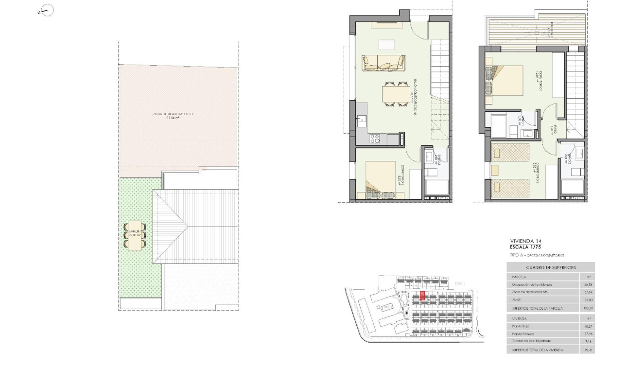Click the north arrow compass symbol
tap(47, 10)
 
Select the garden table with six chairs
tap(134, 235)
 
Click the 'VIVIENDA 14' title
tap(525, 241)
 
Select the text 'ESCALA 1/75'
tap(525, 247)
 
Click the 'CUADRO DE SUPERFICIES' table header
tap(551, 267)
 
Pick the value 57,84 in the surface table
tap(587, 292)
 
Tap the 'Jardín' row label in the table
tap(517, 300)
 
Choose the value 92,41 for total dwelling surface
tap(587, 350)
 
